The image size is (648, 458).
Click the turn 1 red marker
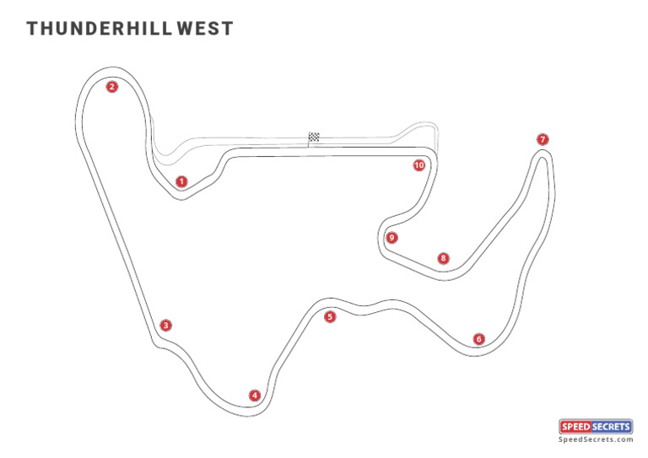point(181,181)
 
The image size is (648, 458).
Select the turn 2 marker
point(111,86)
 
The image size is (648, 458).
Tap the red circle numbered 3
point(166,325)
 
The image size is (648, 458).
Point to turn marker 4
point(255,395)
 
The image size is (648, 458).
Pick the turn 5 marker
point(330,317)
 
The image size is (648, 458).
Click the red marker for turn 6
point(479,339)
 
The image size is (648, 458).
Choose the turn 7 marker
point(543,139)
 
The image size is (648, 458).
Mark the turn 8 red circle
point(443,258)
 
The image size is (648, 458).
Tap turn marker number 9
point(391,238)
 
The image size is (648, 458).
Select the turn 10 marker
point(418,165)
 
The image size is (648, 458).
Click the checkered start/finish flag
point(314,137)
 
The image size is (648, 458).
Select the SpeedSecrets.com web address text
point(596,439)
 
